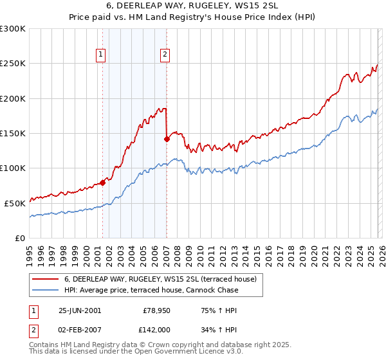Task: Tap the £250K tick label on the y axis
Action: (13, 64)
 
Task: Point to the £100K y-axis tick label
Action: (13, 168)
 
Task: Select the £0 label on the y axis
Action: (21, 238)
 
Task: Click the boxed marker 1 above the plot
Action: (102, 55)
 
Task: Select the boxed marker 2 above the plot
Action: (165, 55)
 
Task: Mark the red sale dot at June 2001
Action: (103, 183)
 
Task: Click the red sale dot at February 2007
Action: (167, 138)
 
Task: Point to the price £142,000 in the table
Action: (156, 330)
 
